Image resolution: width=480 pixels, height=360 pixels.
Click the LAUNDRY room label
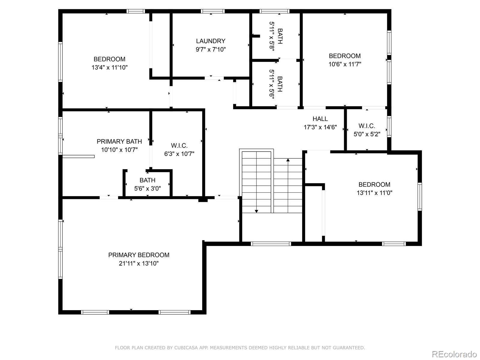[211, 41]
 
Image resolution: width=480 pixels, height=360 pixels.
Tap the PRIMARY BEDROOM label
[139, 255]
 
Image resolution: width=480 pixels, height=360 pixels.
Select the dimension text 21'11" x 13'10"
[139, 263]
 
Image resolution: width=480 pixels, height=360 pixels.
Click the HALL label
[320, 119]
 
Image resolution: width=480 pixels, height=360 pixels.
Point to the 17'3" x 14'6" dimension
[320, 127]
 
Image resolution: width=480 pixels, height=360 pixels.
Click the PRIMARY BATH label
[119, 141]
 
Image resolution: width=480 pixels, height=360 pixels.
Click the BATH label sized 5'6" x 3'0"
[147, 180]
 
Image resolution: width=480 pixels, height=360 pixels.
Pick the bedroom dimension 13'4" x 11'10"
[109, 67]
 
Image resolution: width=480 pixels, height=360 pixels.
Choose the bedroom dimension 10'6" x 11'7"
[345, 64]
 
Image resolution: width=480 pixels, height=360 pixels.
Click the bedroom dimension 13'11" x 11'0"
[374, 193]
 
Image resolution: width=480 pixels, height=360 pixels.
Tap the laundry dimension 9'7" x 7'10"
[211, 49]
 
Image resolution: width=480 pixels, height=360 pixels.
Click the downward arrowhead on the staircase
[256, 211]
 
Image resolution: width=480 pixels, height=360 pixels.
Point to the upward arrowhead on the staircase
[288, 160]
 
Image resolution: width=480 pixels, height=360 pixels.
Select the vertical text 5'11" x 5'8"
[272, 36]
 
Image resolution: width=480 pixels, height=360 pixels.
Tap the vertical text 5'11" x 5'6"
[272, 84]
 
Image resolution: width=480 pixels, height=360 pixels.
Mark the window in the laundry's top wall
[213, 11]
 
